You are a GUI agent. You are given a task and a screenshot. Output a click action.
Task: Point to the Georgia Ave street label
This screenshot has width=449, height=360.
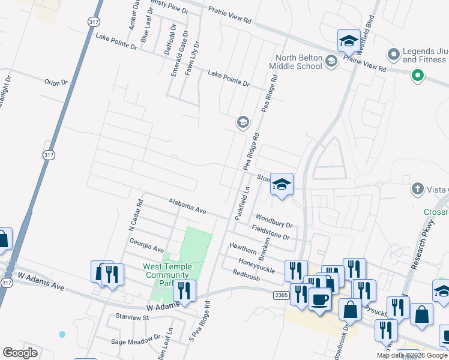[x=146, y=245]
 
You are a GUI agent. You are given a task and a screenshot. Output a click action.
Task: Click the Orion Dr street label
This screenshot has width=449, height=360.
[x=56, y=82]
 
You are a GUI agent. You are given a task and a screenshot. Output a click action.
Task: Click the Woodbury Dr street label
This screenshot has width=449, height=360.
[x=274, y=221]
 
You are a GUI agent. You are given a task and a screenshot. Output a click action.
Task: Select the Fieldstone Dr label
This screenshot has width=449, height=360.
[x=270, y=232]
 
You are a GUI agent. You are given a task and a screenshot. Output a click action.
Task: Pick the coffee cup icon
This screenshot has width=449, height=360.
[x=319, y=298]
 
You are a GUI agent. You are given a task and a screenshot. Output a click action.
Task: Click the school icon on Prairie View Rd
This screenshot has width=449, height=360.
[x=348, y=41]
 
